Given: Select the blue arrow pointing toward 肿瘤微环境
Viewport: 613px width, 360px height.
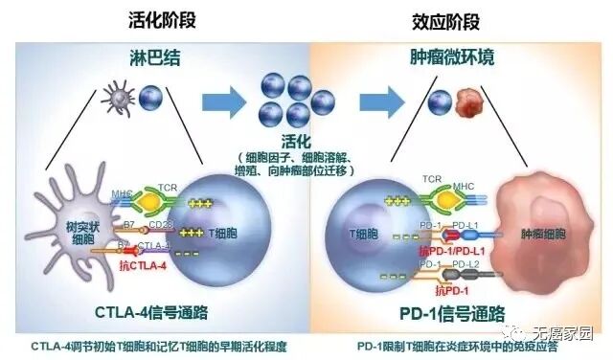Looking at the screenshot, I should pyautogui.click(x=375, y=100).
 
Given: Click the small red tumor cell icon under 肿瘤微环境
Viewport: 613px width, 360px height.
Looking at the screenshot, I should pyautogui.click(x=469, y=100).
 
